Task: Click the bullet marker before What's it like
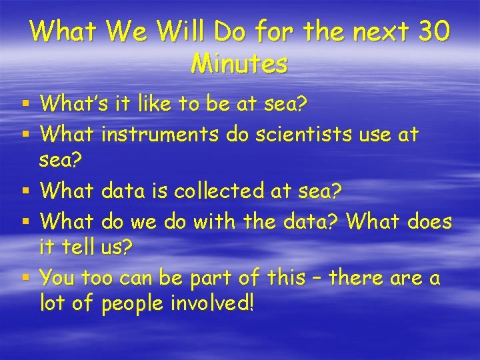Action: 25,104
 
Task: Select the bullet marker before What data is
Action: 25,192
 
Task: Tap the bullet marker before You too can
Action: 25,277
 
